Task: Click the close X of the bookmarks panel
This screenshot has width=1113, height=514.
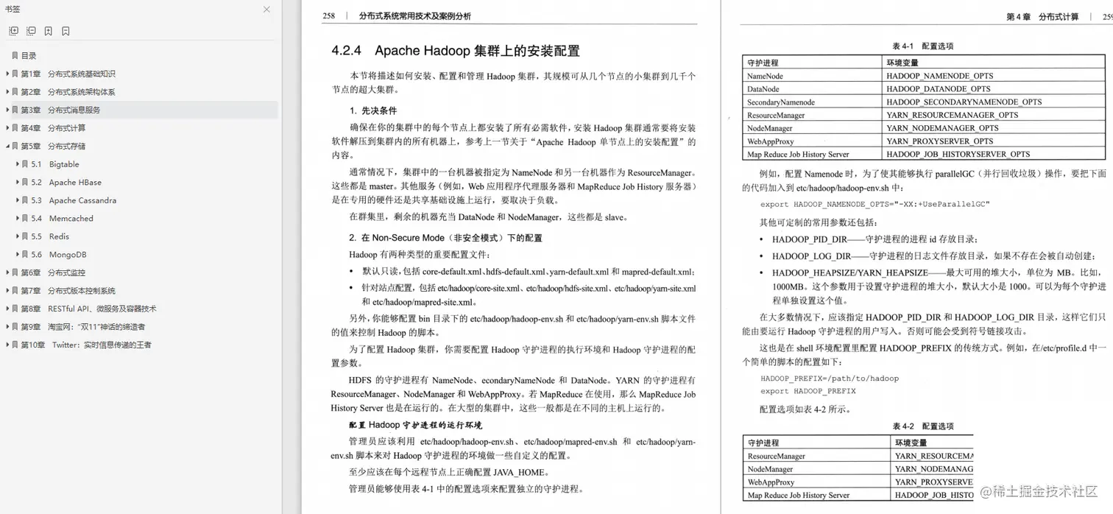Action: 266,10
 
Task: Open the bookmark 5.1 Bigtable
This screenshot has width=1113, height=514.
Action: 64,164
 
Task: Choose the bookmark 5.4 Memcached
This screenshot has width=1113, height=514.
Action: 71,219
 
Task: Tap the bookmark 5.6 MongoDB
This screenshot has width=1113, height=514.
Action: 68,255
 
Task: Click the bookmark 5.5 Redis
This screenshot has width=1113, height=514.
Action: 59,236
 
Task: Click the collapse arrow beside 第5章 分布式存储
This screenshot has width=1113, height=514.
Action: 7,147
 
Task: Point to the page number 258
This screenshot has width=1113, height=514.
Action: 329,15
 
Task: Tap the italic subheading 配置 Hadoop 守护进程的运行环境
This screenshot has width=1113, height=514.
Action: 415,425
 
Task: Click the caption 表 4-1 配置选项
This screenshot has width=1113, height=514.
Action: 922,46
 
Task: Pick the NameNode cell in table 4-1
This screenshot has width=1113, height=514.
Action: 765,76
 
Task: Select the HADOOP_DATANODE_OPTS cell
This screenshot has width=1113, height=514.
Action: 938,89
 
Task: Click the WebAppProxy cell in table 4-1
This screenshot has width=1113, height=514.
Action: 770,141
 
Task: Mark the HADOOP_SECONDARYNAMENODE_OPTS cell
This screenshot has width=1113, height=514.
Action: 964,102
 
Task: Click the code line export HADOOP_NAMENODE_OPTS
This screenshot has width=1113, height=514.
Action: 875,204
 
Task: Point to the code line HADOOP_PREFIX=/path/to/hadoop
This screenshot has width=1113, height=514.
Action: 829,379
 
